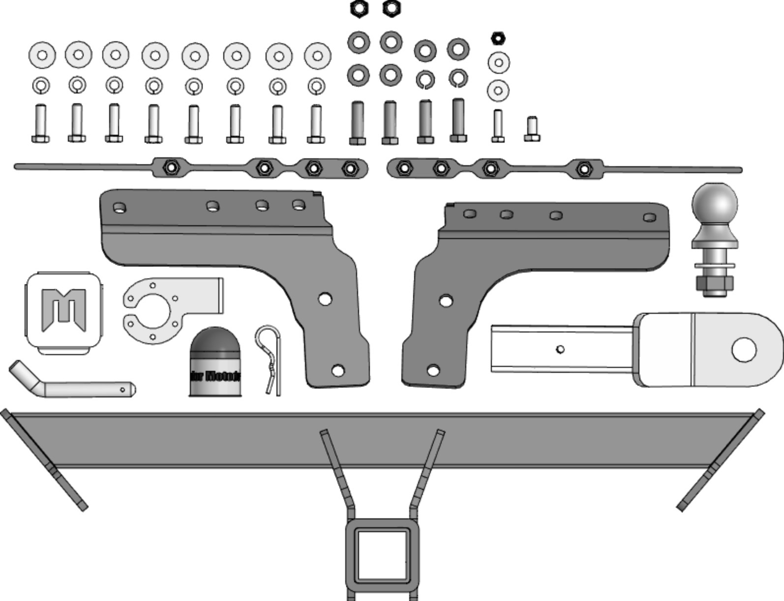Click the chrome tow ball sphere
click(715, 205)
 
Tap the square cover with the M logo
click(64, 312)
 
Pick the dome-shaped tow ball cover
click(214, 363)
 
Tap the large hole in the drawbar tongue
click(744, 350)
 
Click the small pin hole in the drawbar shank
click(560, 349)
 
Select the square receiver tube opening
click(383, 554)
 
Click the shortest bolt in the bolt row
click(532, 129)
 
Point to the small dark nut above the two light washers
click(498, 38)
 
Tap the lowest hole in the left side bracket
click(338, 370)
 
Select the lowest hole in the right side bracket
click(433, 370)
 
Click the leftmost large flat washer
click(42, 55)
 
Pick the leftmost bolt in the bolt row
click(40, 124)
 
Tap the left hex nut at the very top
click(359, 8)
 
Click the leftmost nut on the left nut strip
click(171, 167)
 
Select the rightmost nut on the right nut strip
click(583, 169)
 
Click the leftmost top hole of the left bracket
click(119, 208)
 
